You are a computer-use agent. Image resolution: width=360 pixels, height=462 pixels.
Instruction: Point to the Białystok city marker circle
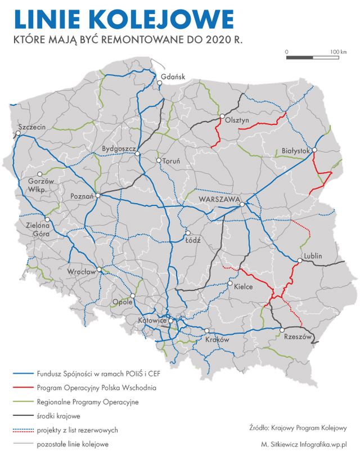click(315, 150)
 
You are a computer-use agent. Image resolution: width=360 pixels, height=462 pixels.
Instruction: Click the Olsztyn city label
click(236, 120)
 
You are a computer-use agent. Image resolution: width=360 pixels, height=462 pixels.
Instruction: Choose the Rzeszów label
click(298, 337)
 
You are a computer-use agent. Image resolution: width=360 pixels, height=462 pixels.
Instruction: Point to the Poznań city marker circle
click(98, 195)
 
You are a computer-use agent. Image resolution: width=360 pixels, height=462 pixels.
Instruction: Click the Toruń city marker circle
click(159, 161)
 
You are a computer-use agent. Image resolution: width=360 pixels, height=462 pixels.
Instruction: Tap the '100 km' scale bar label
click(339, 52)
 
